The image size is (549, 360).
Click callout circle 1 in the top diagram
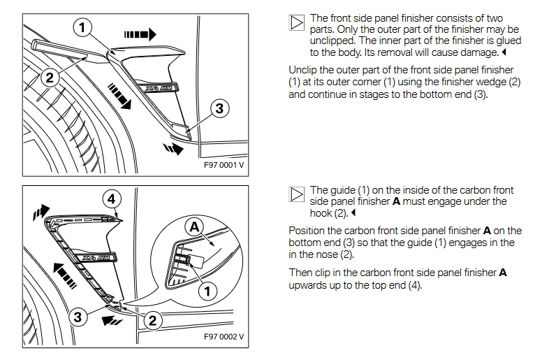[x=82, y=27]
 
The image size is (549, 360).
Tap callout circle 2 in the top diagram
[x=49, y=78]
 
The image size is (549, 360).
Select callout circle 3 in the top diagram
[x=219, y=108]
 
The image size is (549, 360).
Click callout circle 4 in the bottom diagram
[x=110, y=199]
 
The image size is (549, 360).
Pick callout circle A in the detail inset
[x=195, y=225]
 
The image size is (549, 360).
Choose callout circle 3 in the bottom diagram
[x=78, y=317]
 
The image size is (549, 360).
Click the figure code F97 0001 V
[x=223, y=166]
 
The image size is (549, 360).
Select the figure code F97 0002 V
[x=223, y=336]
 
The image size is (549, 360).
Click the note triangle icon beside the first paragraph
[x=296, y=22]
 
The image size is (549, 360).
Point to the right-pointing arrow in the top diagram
[x=140, y=34]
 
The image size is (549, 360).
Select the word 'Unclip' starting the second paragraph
[x=303, y=70]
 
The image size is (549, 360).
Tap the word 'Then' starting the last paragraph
[x=301, y=273]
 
